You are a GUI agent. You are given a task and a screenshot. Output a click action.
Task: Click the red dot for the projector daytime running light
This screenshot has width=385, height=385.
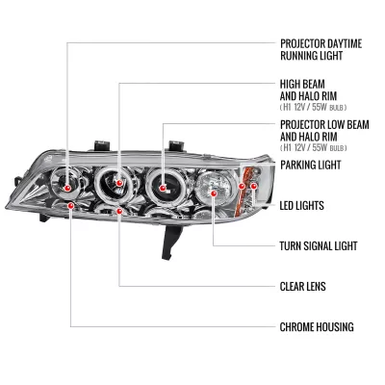coord(67,188)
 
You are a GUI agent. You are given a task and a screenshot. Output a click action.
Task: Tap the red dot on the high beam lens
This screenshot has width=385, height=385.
coord(119,183)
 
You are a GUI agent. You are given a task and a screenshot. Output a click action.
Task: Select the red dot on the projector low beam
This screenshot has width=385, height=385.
coord(163,188)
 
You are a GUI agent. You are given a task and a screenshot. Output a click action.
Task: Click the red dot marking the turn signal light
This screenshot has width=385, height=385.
coord(214,193)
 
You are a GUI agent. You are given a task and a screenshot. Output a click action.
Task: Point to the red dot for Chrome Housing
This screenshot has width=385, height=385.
coord(71,205)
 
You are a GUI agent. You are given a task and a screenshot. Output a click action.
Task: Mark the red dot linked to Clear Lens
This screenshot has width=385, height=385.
coord(119,211)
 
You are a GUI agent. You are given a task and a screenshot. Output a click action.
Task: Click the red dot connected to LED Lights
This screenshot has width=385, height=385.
coord(254,186)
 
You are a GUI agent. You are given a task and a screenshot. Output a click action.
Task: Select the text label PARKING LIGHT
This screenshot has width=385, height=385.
coord(311,165)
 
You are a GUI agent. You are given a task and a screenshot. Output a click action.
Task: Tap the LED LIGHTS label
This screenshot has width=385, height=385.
coord(302,205)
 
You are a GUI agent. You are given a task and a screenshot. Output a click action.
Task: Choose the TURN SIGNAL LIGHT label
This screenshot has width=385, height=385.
coord(319,246)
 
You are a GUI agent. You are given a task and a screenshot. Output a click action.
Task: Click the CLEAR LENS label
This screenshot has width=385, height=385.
coord(303,287)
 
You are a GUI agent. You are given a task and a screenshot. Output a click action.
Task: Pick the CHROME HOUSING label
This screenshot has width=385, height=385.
coord(317,327)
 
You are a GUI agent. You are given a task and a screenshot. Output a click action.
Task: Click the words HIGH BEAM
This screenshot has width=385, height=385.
coord(298,85)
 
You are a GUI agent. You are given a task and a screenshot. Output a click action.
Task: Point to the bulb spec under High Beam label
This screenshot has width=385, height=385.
coord(314,107)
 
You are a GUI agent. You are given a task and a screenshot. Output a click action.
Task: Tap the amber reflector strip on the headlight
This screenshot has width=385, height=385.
coord(243,192)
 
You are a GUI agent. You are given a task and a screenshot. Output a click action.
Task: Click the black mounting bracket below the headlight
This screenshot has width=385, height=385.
coord(170,241)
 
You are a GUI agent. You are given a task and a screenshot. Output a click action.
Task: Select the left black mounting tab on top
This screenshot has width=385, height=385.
coord(102,145)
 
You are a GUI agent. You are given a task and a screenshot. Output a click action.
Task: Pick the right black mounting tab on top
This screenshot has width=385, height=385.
coord(177,145)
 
